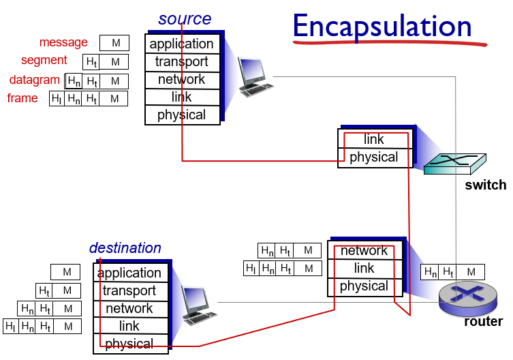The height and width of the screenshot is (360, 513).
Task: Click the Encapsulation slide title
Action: pyautogui.click(x=382, y=27)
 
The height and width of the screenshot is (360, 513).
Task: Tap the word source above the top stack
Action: pyautogui.click(x=185, y=19)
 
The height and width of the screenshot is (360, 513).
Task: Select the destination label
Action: pyautogui.click(x=125, y=248)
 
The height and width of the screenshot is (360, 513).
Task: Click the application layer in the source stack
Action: pyautogui.click(x=182, y=44)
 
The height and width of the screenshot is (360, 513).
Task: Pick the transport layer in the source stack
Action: pyautogui.click(x=182, y=62)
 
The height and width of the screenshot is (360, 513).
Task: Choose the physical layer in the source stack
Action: pyautogui.click(x=182, y=115)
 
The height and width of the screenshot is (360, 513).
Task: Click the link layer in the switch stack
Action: pyautogui.click(x=374, y=140)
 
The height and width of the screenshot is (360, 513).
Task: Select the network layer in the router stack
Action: pyautogui.click(x=364, y=251)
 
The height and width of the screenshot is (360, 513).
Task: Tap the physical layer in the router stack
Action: pyautogui.click(x=364, y=286)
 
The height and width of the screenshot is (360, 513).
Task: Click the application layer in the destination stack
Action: pyautogui.click(x=129, y=273)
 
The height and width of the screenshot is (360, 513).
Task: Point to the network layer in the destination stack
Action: pyautogui.click(x=129, y=309)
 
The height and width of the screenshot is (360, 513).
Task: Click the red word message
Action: pyautogui.click(x=63, y=42)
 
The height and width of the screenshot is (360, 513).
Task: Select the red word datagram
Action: pyautogui.click(x=35, y=80)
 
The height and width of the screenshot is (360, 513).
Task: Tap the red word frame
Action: pyautogui.click(x=22, y=98)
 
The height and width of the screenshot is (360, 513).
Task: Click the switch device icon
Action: pyautogui.click(x=455, y=162)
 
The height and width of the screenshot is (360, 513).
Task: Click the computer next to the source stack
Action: pyautogui.click(x=254, y=76)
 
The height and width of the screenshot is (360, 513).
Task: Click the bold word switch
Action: pyautogui.click(x=486, y=185)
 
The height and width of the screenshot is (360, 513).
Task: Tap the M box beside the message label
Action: pyautogui.click(x=114, y=44)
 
